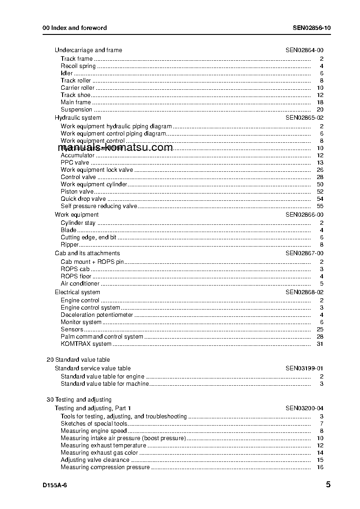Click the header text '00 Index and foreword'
[74, 28]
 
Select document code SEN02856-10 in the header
[311, 28]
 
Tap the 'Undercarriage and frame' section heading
[88, 50]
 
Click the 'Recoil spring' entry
[78, 66]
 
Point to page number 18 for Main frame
[320, 102]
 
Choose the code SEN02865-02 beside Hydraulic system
[304, 118]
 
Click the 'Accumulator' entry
[78, 155]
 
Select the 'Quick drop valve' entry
[83, 199]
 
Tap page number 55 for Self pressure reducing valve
[320, 206]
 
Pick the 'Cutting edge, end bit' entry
[88, 238]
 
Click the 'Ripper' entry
[70, 245]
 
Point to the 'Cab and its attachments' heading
[88, 253]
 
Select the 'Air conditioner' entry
[80, 284]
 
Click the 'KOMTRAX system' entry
[86, 344]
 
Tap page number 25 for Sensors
[320, 330]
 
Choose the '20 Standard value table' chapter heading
[78, 360]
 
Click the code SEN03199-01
[304, 368]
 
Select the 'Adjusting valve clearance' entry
[95, 460]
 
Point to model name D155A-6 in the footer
[55, 485]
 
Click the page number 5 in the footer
[328, 485]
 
